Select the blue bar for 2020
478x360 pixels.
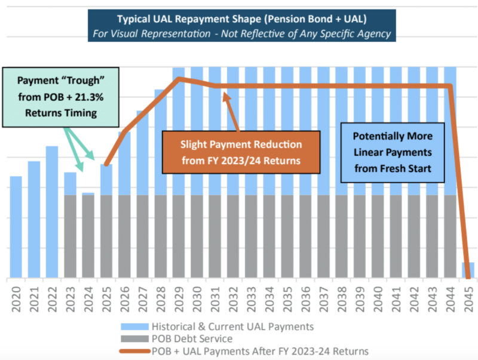(16, 227)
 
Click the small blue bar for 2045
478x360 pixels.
(468, 270)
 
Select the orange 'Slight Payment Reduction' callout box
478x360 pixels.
(241, 153)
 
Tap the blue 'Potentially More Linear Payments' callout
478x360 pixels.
(393, 152)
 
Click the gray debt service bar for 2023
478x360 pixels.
(70, 236)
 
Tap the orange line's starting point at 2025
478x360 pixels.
(106, 165)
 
